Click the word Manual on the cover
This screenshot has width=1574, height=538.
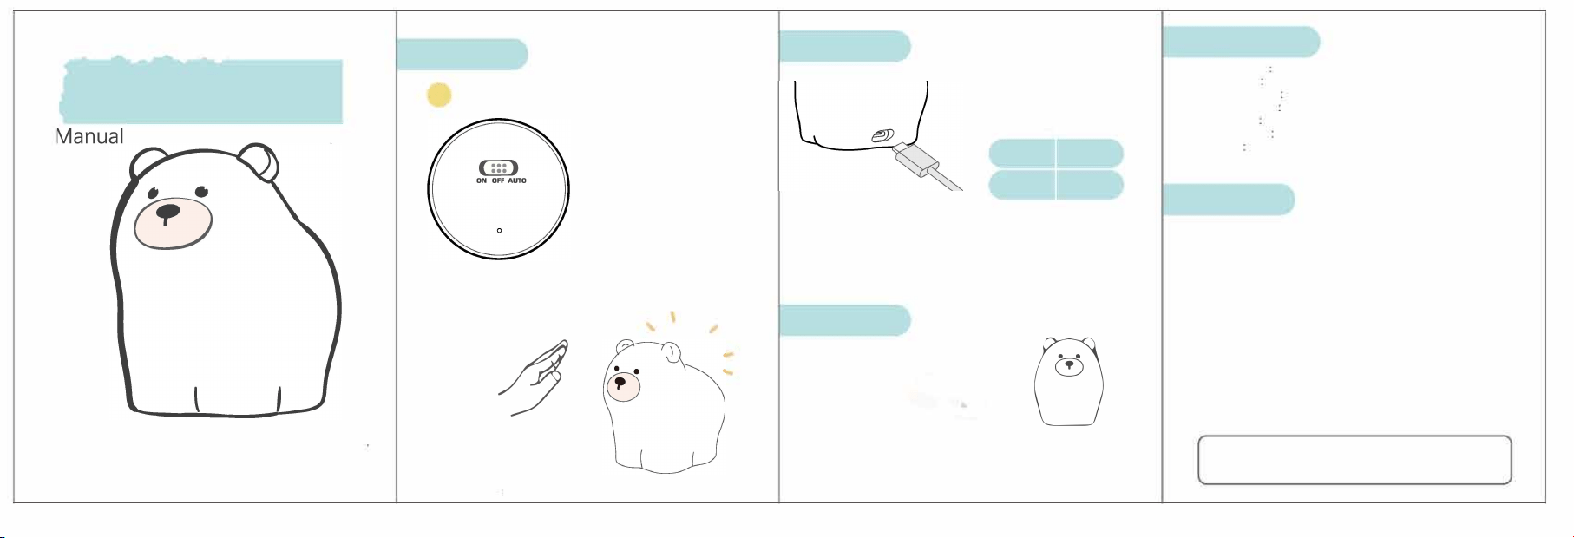pos(89,136)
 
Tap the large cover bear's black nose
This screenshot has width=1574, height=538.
pos(167,212)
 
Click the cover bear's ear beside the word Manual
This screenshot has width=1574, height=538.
pos(148,163)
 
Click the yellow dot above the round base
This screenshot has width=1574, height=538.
pos(439,95)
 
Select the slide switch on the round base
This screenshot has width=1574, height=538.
pos(498,168)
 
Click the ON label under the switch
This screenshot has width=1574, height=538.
pos(482,181)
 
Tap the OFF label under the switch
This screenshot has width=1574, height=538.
pos(498,181)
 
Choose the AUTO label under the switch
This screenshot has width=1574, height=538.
pos(517,181)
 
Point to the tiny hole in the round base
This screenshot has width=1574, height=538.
pos(499,231)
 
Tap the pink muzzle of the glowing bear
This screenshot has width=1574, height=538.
pos(622,385)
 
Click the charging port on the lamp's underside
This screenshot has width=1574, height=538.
pos(882,135)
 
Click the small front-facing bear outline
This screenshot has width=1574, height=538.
pos(1069,382)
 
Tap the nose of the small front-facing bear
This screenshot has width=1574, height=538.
pos(1069,365)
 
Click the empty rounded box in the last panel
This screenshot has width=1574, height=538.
pos(1354,460)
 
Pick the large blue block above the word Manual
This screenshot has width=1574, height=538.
pos(201,90)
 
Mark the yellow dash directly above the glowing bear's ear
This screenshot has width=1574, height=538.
pos(672,318)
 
